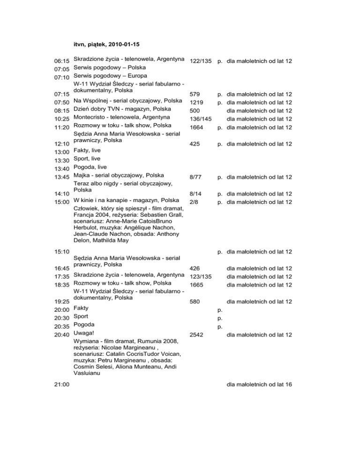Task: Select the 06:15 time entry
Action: (x=62, y=61)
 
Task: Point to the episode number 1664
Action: (x=196, y=127)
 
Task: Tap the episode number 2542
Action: (x=196, y=335)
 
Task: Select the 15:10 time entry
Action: (x=62, y=252)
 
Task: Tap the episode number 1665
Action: (x=196, y=285)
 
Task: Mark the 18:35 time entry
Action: (x=62, y=285)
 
